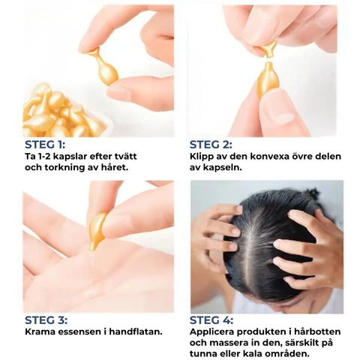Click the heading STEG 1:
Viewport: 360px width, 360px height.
tap(45, 145)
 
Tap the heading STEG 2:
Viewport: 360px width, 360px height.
tap(211, 145)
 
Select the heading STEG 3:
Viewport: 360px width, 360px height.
tap(46, 320)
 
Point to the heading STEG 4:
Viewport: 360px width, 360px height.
tap(211, 320)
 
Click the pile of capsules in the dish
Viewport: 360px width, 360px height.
tap(62, 111)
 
